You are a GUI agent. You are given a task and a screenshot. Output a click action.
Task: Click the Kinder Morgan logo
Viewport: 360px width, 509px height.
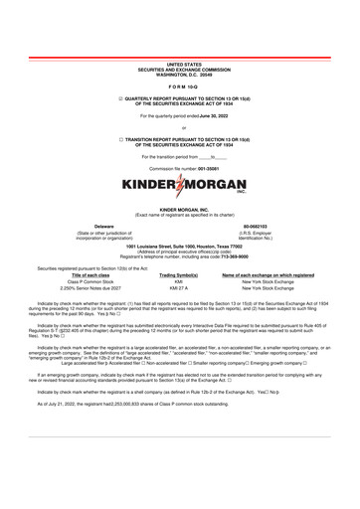(179, 187)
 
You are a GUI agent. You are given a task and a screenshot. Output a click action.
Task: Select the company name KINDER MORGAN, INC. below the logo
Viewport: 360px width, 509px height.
(179, 212)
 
